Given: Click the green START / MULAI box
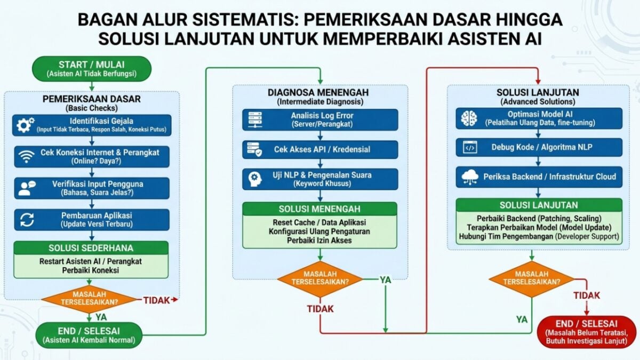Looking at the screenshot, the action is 92,69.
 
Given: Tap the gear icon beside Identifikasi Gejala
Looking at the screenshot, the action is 25,125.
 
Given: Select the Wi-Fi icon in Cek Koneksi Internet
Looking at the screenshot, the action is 26,157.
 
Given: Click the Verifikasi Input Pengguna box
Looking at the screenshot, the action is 92,188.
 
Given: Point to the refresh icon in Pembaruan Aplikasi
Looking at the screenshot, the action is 27,220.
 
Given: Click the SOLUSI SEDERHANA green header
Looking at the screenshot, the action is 91,247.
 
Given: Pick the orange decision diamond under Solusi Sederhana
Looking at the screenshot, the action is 90,299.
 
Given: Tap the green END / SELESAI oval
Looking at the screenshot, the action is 89,335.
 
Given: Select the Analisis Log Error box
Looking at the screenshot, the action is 320,119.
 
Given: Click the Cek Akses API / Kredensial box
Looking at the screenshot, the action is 320,149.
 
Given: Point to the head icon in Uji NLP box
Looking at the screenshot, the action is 254,179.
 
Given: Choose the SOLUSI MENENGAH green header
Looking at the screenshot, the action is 319,209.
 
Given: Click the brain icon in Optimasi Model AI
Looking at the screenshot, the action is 469,118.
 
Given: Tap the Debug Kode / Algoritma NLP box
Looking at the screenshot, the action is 539,147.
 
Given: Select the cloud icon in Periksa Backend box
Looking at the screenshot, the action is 470,177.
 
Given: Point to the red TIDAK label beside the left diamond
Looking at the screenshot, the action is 157,300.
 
